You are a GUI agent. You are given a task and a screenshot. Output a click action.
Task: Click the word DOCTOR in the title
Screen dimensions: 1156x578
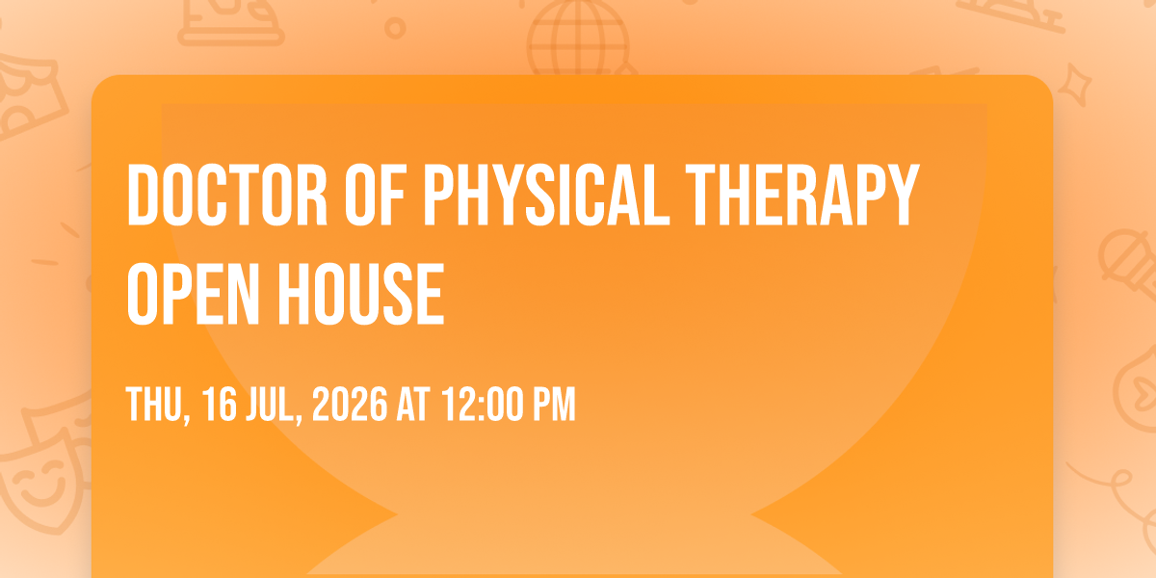(227, 195)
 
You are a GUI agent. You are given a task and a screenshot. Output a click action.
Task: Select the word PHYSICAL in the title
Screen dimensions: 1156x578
(546, 195)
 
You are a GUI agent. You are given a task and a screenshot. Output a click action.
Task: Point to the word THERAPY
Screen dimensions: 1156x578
(802, 195)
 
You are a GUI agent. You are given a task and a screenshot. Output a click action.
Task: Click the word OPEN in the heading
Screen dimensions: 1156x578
(193, 294)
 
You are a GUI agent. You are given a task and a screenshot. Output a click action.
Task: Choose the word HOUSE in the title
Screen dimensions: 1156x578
(361, 294)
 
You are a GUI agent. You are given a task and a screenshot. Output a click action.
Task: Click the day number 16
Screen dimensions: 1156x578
(220, 404)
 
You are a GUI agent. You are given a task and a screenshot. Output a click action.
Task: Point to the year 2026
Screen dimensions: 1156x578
(350, 404)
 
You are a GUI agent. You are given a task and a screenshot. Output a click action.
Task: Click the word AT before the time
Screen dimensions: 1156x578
(413, 404)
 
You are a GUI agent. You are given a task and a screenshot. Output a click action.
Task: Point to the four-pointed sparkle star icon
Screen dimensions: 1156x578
(1075, 85)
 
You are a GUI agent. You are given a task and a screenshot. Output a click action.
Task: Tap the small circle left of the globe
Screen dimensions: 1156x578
(395, 28)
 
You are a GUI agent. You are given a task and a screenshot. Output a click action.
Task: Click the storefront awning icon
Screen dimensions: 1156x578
(28, 98)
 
